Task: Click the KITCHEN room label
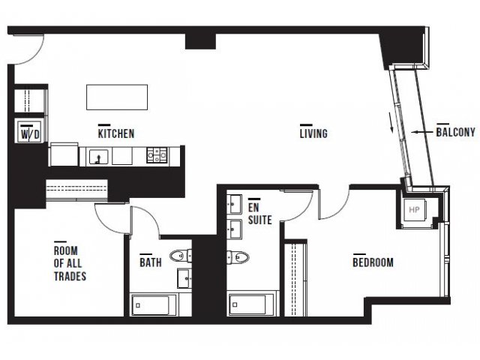point(116,133)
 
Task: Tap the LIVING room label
point(313,133)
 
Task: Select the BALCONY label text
point(456,132)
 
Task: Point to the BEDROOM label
point(373,262)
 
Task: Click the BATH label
point(151,262)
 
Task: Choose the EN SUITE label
point(260,214)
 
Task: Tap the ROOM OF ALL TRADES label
point(70,263)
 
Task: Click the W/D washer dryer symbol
point(30,131)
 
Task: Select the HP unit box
point(414,210)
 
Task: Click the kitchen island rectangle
point(117,97)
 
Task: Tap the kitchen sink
point(98,157)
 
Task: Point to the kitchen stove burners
point(157,155)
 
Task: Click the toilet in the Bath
point(181,256)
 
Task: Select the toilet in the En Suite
point(238,257)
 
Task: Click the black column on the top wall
point(200,41)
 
